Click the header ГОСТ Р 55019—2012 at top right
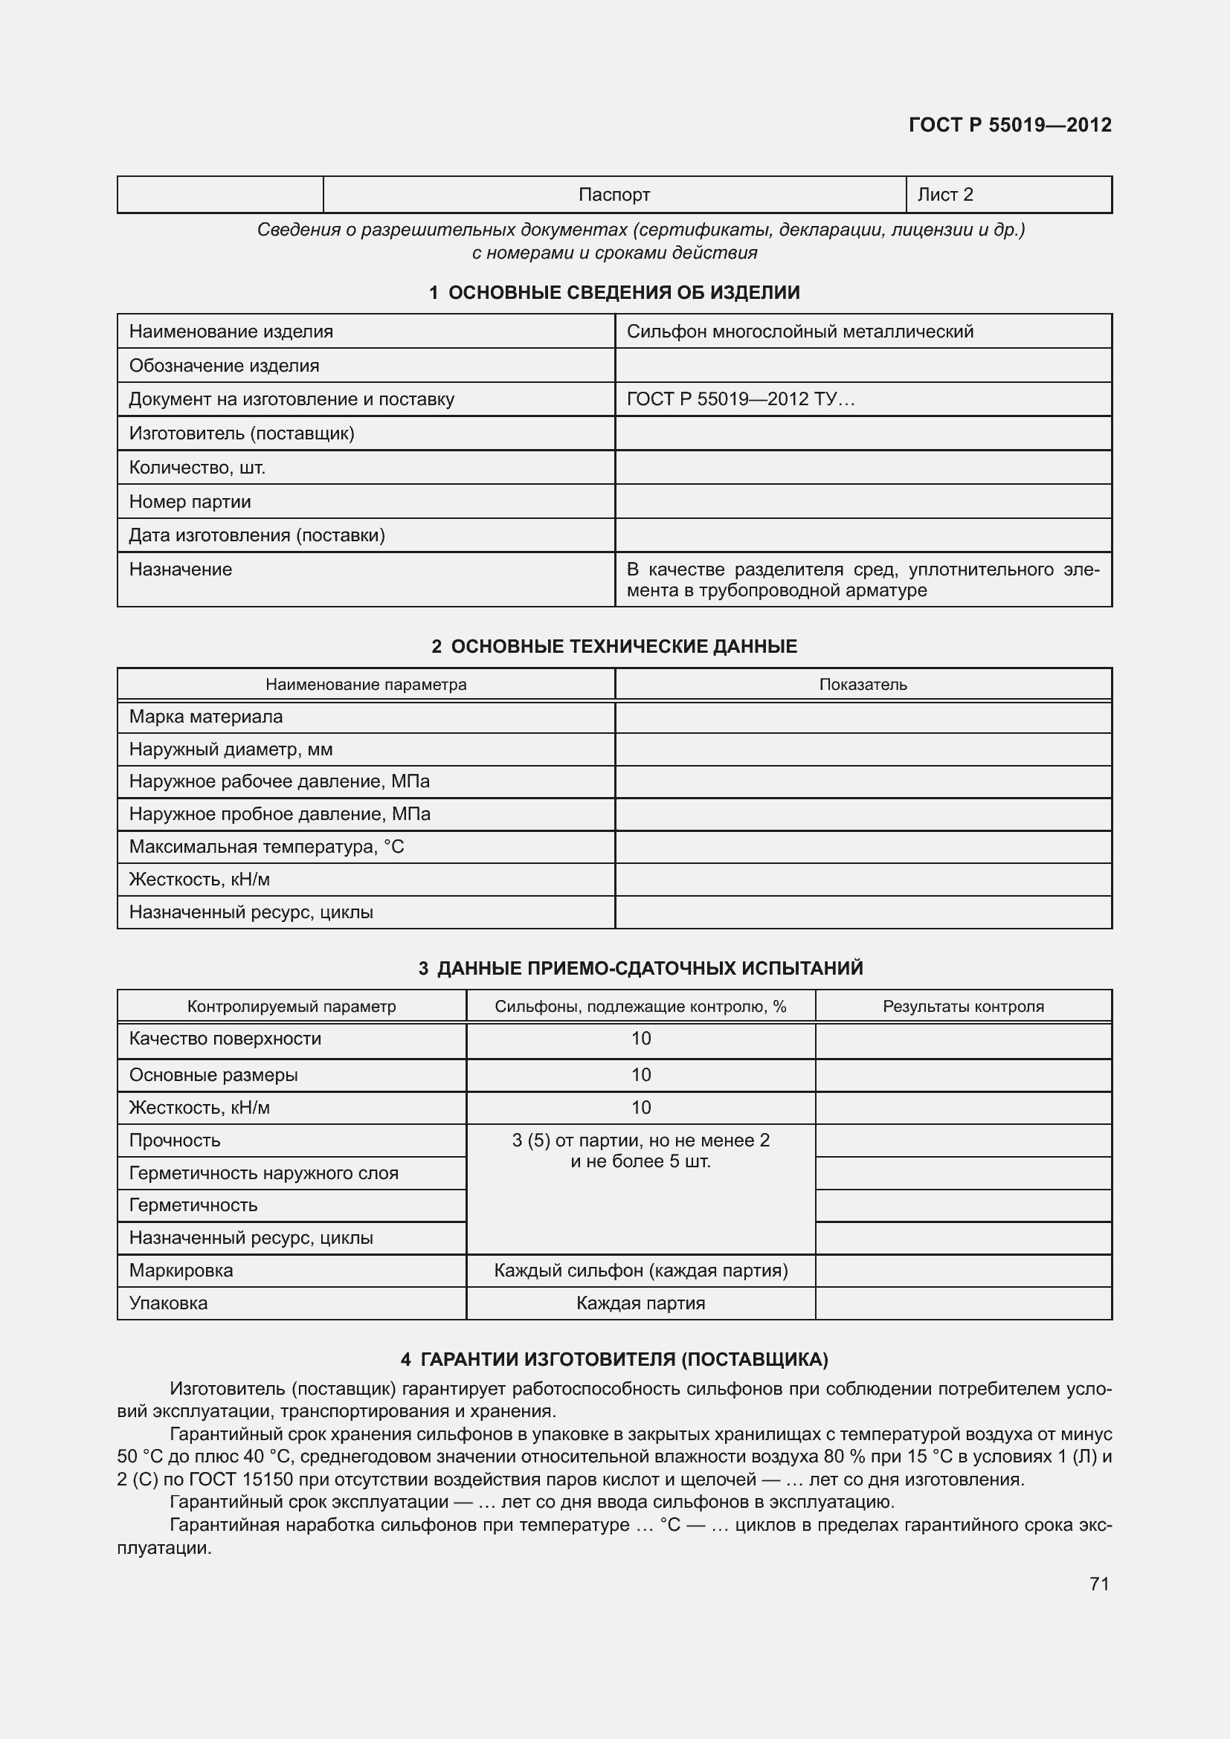pyautogui.click(x=1010, y=125)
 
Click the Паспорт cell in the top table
pyautogui.click(x=614, y=195)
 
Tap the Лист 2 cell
pyautogui.click(x=944, y=195)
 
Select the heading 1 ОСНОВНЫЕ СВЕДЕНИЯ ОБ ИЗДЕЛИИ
pyautogui.click(x=614, y=292)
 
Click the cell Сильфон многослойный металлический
pyautogui.click(x=800, y=331)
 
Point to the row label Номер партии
pyautogui.click(x=190, y=501)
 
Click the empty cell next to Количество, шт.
pyautogui.click(x=863, y=468)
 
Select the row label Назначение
pyautogui.click(x=180, y=569)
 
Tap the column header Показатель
pyautogui.click(x=863, y=684)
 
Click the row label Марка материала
pyautogui.click(x=205, y=717)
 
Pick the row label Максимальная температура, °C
pyautogui.click(x=267, y=847)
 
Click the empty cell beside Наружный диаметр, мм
pyautogui.click(x=863, y=749)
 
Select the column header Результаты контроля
pyautogui.click(x=962, y=1006)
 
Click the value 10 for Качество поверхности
pyautogui.click(x=641, y=1039)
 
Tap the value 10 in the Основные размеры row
pyautogui.click(x=641, y=1075)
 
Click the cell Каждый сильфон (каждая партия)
pyautogui.click(x=641, y=1270)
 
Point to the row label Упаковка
pyautogui.click(x=168, y=1303)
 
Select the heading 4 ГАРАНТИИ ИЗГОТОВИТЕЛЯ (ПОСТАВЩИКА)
pyautogui.click(x=614, y=1360)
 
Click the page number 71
pyautogui.click(x=1099, y=1584)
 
